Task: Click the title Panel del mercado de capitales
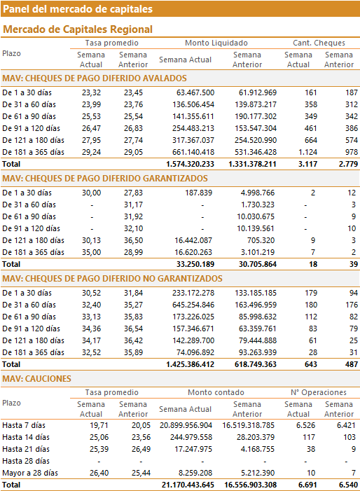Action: (78, 9)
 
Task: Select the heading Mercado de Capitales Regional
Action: (78, 29)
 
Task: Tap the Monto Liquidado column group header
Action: (216, 43)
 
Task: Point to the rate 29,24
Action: (92, 152)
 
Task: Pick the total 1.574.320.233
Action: (190, 164)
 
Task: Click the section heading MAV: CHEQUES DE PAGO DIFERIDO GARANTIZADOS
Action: (105, 179)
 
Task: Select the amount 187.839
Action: (198, 193)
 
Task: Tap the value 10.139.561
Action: (256, 228)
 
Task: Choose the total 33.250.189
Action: (195, 264)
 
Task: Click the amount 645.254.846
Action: (193, 305)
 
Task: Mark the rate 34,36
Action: (92, 329)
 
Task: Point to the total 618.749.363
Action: (256, 364)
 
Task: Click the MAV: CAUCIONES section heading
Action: (36, 379)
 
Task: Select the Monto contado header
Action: (216, 392)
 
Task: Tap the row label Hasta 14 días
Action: (26, 437)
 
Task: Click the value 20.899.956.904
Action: (186, 425)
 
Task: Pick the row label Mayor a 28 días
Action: (30, 473)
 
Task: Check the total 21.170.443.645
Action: (188, 485)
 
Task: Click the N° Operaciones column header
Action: (319, 392)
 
